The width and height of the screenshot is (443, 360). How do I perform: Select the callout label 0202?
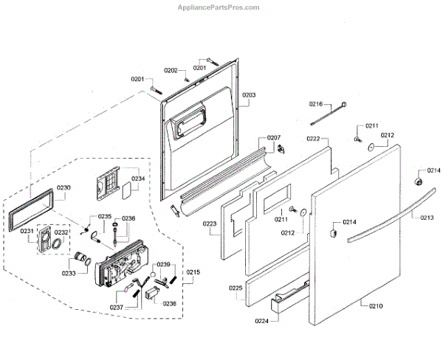(171, 71)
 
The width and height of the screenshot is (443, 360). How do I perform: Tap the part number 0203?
(250, 95)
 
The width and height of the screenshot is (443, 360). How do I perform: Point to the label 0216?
(317, 104)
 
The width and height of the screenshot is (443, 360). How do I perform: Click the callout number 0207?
(274, 138)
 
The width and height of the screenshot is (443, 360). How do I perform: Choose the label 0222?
(313, 139)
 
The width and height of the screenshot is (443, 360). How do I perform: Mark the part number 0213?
(427, 218)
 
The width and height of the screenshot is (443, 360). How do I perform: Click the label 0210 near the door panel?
(376, 305)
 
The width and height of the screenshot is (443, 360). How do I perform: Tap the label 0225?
(236, 287)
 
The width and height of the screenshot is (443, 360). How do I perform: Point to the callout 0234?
(138, 179)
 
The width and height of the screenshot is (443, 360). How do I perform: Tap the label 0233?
(69, 273)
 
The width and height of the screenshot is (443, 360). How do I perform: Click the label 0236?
(128, 218)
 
